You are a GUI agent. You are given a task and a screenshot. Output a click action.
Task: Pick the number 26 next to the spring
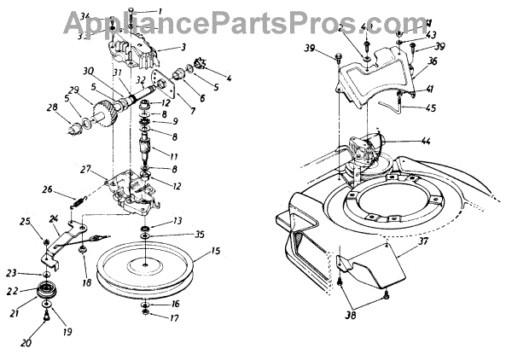48,189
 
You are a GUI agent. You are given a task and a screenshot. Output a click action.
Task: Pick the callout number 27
86,170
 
